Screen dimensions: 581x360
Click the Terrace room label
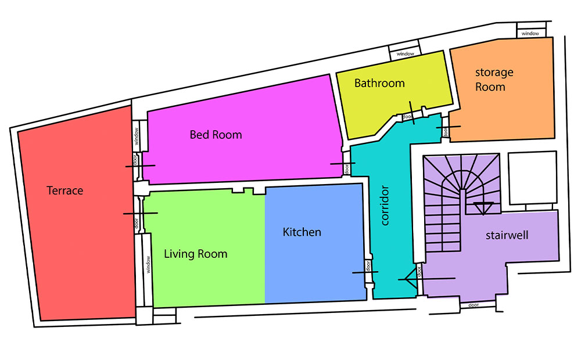(x=65, y=190)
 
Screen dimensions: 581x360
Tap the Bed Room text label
(x=216, y=135)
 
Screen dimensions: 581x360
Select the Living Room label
(x=196, y=254)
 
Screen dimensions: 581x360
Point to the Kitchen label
(x=302, y=232)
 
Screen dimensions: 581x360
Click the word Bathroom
(x=379, y=83)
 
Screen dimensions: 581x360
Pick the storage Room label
(x=494, y=80)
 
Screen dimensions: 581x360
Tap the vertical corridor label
(x=385, y=206)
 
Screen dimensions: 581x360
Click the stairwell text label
(x=507, y=235)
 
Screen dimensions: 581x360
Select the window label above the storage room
(x=530, y=33)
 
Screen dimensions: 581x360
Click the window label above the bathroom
(x=405, y=53)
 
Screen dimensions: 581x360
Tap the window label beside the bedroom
(x=137, y=136)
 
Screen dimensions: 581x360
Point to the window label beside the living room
(x=148, y=264)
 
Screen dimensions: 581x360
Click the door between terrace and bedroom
(x=135, y=160)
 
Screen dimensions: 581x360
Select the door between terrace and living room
(x=137, y=223)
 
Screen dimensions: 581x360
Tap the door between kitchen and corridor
(x=368, y=265)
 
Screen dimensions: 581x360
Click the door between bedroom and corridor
(x=347, y=169)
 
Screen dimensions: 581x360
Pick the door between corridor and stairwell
(x=419, y=272)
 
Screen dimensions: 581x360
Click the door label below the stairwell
(x=474, y=305)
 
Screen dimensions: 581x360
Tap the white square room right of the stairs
(x=533, y=178)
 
